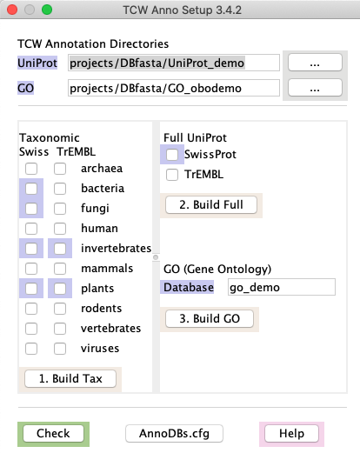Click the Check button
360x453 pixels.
pyautogui.click(x=53, y=434)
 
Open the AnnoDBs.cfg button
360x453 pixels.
pyautogui.click(x=174, y=434)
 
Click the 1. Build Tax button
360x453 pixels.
pyautogui.click(x=70, y=378)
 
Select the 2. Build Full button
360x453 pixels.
pyautogui.click(x=211, y=204)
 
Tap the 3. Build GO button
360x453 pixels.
pyautogui.click(x=210, y=318)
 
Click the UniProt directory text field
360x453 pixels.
pyautogui.click(x=174, y=63)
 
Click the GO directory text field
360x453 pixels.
pyautogui.click(x=174, y=88)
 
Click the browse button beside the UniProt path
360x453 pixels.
pyautogui.click(x=315, y=63)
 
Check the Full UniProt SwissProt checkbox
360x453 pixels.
pyautogui.click(x=172, y=155)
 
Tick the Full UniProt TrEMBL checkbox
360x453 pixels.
pyautogui.click(x=172, y=175)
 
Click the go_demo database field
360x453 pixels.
pyautogui.click(x=282, y=287)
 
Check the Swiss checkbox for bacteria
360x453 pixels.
pyautogui.click(x=31, y=189)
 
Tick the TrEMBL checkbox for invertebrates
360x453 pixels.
pyautogui.click(x=60, y=249)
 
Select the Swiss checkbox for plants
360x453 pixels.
pyautogui.click(x=31, y=289)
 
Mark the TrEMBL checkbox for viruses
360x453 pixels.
pyautogui.click(x=60, y=349)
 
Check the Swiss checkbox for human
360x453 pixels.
pyautogui.click(x=31, y=229)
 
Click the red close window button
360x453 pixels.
pyautogui.click(x=12, y=10)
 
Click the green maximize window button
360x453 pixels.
pyautogui.click(x=47, y=10)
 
